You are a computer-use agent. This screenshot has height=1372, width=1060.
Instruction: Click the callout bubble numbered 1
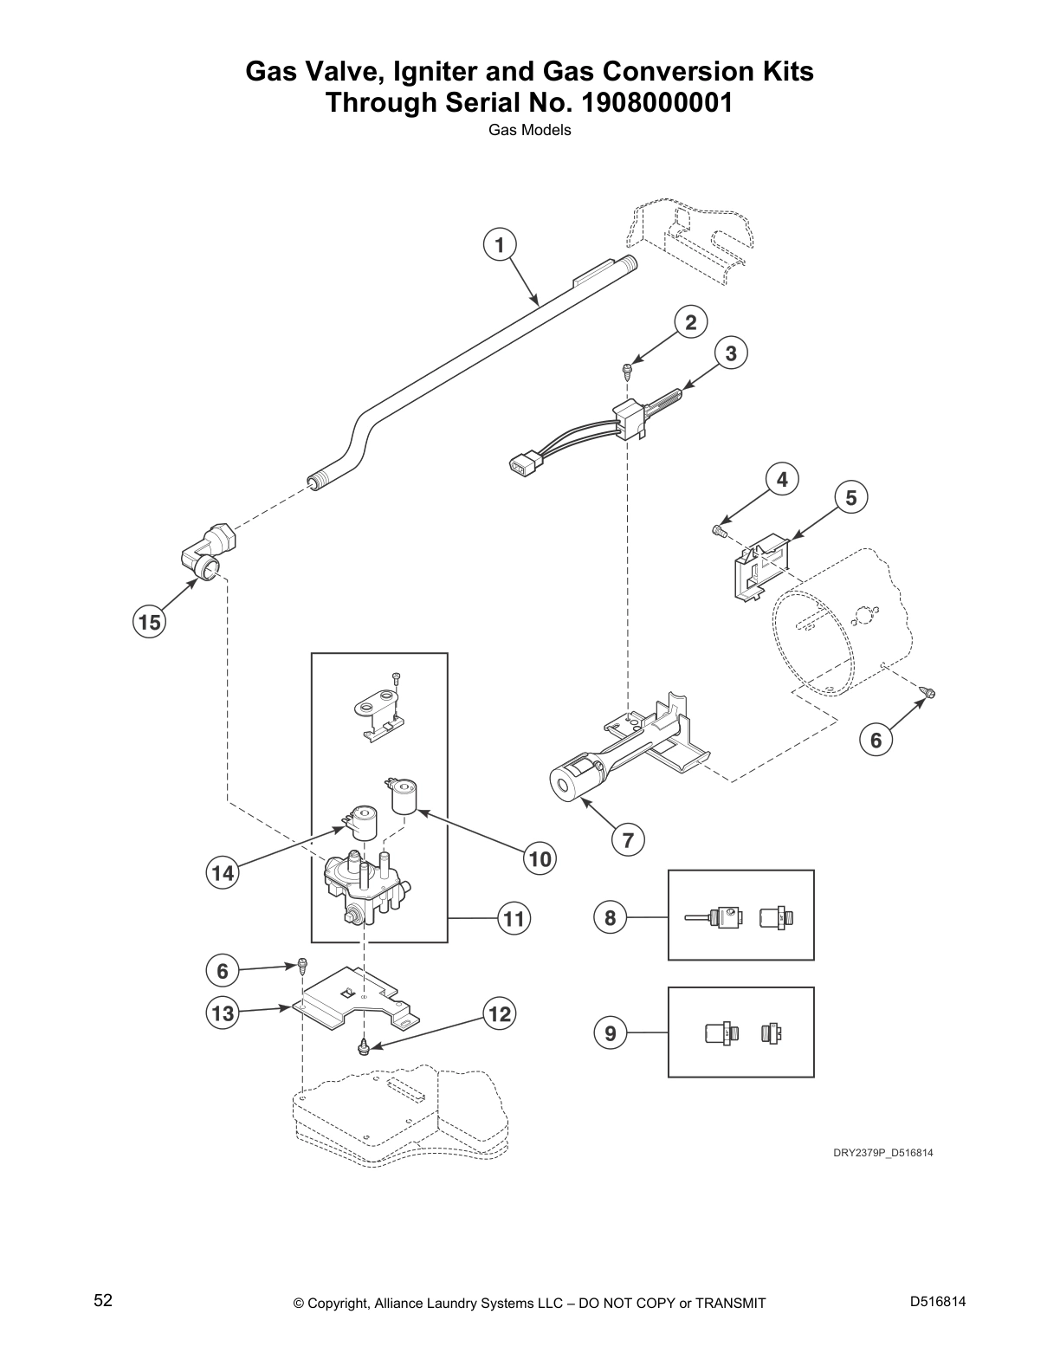499,245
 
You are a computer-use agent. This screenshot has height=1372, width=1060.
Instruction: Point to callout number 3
731,353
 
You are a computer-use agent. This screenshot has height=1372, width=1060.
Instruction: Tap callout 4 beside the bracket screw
782,479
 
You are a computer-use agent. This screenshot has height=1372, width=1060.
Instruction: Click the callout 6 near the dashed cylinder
876,740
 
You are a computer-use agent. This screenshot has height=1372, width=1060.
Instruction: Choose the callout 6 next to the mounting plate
223,971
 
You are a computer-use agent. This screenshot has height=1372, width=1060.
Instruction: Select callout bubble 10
540,858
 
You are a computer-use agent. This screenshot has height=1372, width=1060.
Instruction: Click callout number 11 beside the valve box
514,918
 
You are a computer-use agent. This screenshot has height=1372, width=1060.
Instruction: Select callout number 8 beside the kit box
610,917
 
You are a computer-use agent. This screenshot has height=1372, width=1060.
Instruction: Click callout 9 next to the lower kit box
610,1032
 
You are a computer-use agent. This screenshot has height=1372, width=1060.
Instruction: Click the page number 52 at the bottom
103,1300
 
